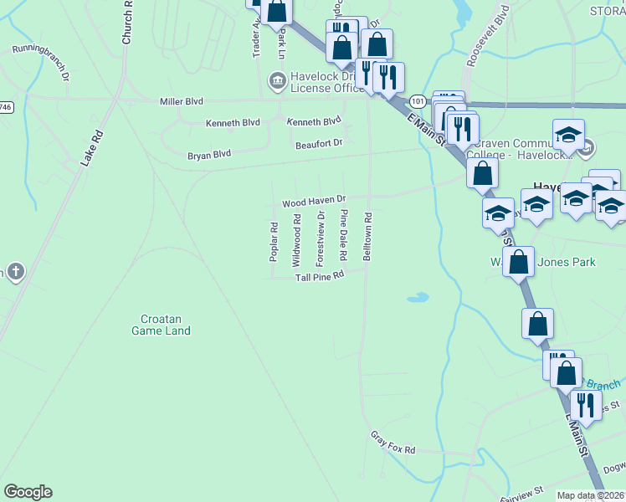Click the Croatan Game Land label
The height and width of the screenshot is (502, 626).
pos(161,324)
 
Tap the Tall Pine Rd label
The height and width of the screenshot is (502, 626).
pos(320,275)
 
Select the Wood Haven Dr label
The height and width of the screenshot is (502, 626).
pos(314,202)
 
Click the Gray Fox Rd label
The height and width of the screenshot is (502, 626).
pos(393,444)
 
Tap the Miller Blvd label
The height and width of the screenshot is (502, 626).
pos(182,101)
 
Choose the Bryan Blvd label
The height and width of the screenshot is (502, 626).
pos(208,155)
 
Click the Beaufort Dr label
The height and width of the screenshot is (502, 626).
pos(319,144)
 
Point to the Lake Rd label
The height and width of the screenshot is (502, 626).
pos(91,148)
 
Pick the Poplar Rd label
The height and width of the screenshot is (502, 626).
pos(274,242)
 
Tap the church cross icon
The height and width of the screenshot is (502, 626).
pos(15,272)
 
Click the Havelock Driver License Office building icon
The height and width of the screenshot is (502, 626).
pos(276,81)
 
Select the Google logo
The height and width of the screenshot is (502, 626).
pos(28,492)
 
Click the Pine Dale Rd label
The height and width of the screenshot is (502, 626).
pos(343,229)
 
